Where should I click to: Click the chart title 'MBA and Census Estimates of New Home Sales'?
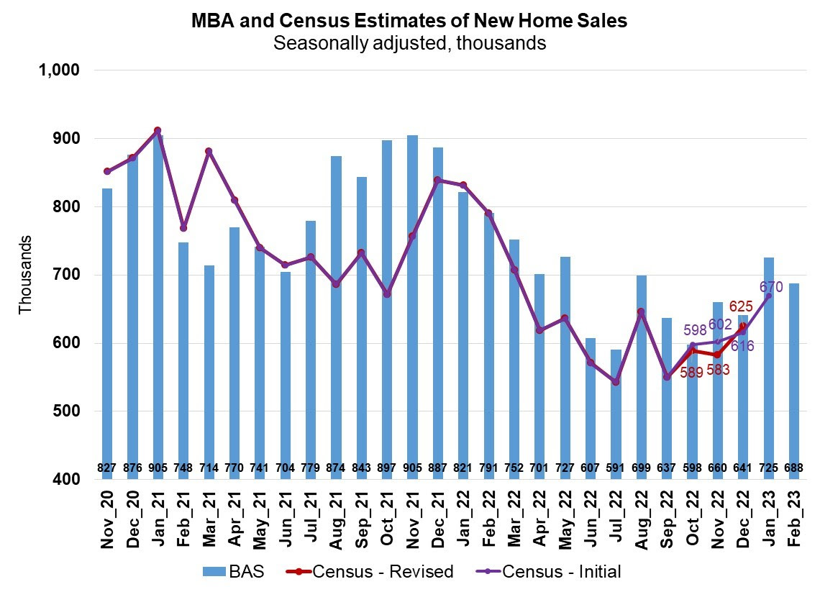[x=409, y=21]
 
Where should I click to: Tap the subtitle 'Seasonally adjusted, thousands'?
[x=409, y=43]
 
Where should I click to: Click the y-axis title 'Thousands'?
[x=25, y=274]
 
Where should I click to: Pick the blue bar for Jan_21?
[x=158, y=302]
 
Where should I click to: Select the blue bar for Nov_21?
[x=412, y=302]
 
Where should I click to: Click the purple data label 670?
[x=771, y=288]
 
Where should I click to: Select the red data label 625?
[x=742, y=307]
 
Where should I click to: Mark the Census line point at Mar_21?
[x=209, y=152]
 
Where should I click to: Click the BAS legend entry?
[x=233, y=572]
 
